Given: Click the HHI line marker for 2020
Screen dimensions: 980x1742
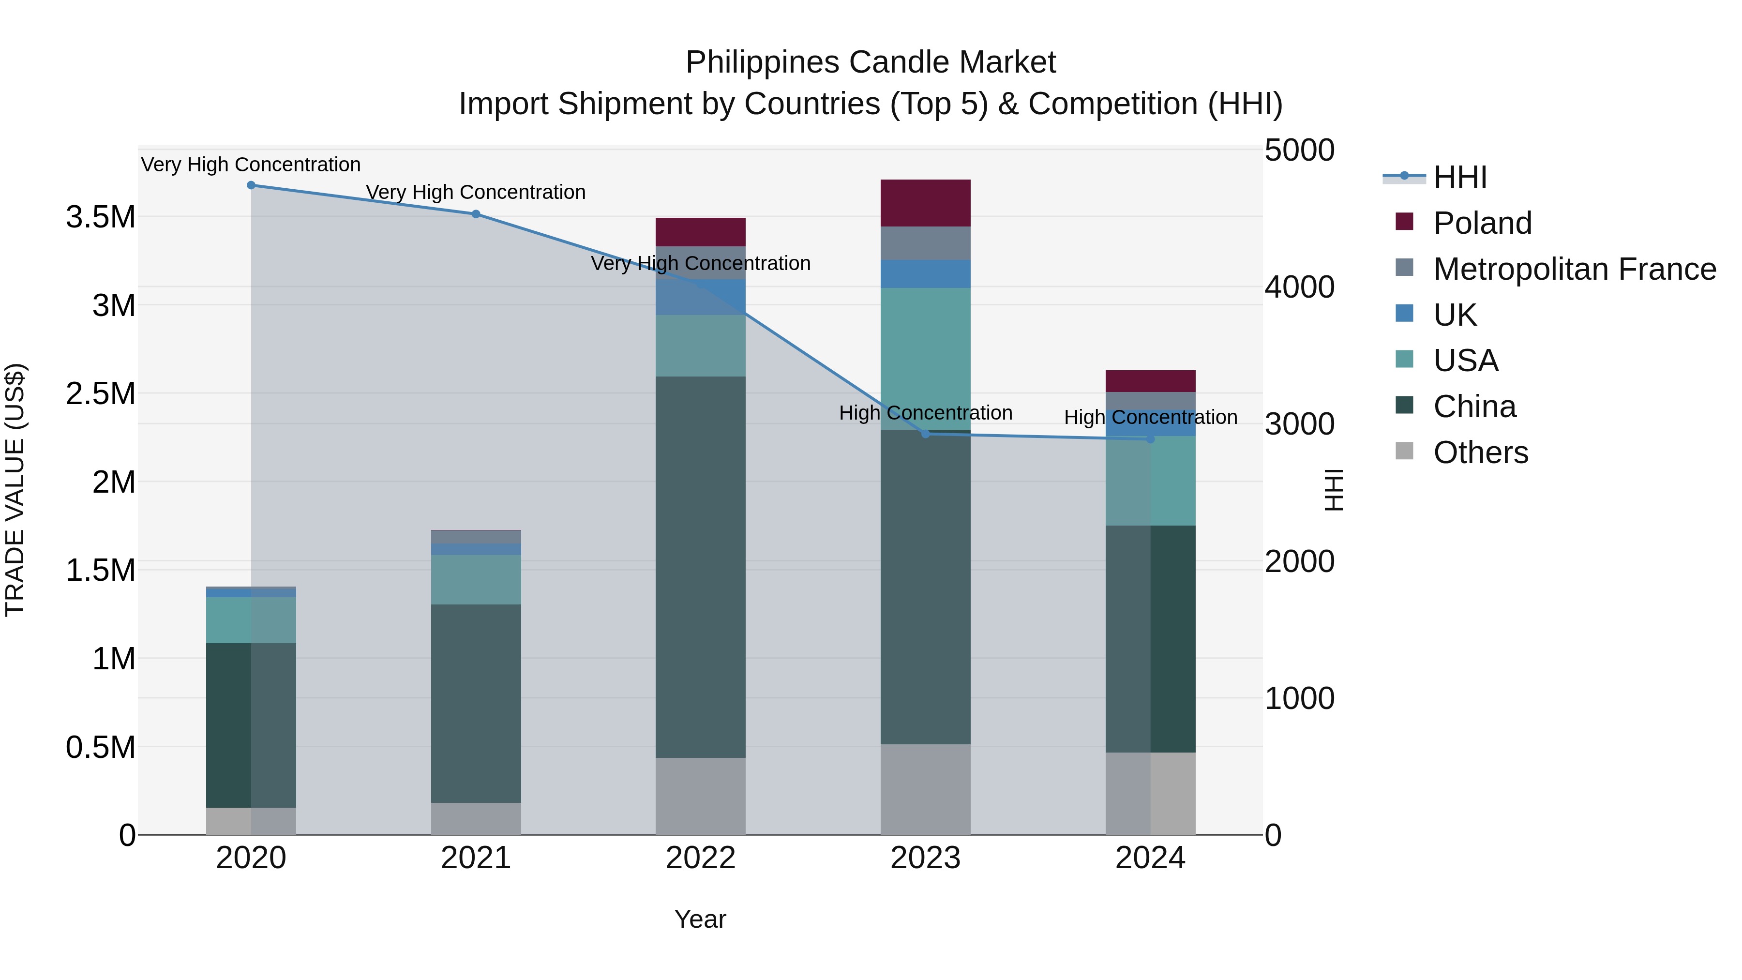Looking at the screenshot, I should [x=251, y=185].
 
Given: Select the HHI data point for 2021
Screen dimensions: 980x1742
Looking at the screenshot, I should [x=475, y=214].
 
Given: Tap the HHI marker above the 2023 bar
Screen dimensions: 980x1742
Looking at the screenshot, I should [x=926, y=434].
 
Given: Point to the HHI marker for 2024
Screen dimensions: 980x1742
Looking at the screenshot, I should [x=1150, y=439].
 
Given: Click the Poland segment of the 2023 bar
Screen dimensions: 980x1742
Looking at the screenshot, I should [x=925, y=203].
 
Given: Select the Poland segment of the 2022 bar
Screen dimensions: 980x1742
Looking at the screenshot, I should [x=701, y=232].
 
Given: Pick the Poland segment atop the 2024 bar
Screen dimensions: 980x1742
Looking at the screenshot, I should [x=1150, y=381].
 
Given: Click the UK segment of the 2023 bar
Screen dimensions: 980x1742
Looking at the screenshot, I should [x=925, y=274].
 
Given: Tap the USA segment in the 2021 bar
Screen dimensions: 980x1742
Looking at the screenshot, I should [x=475, y=580].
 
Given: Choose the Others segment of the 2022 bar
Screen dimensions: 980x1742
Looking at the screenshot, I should [x=701, y=796].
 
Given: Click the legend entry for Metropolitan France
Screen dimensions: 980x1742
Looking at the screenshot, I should [x=1574, y=269].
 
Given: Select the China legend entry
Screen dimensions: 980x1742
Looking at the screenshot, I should [x=1474, y=407].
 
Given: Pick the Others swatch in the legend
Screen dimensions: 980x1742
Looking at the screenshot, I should [x=1405, y=451].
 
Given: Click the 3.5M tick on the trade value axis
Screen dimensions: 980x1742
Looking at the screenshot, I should [x=100, y=218].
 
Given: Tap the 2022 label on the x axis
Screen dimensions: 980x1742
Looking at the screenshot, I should [x=701, y=858].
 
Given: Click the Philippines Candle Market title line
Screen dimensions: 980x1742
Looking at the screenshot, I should [x=871, y=62].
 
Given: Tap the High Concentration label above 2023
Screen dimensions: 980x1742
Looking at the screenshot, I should [x=925, y=412].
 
